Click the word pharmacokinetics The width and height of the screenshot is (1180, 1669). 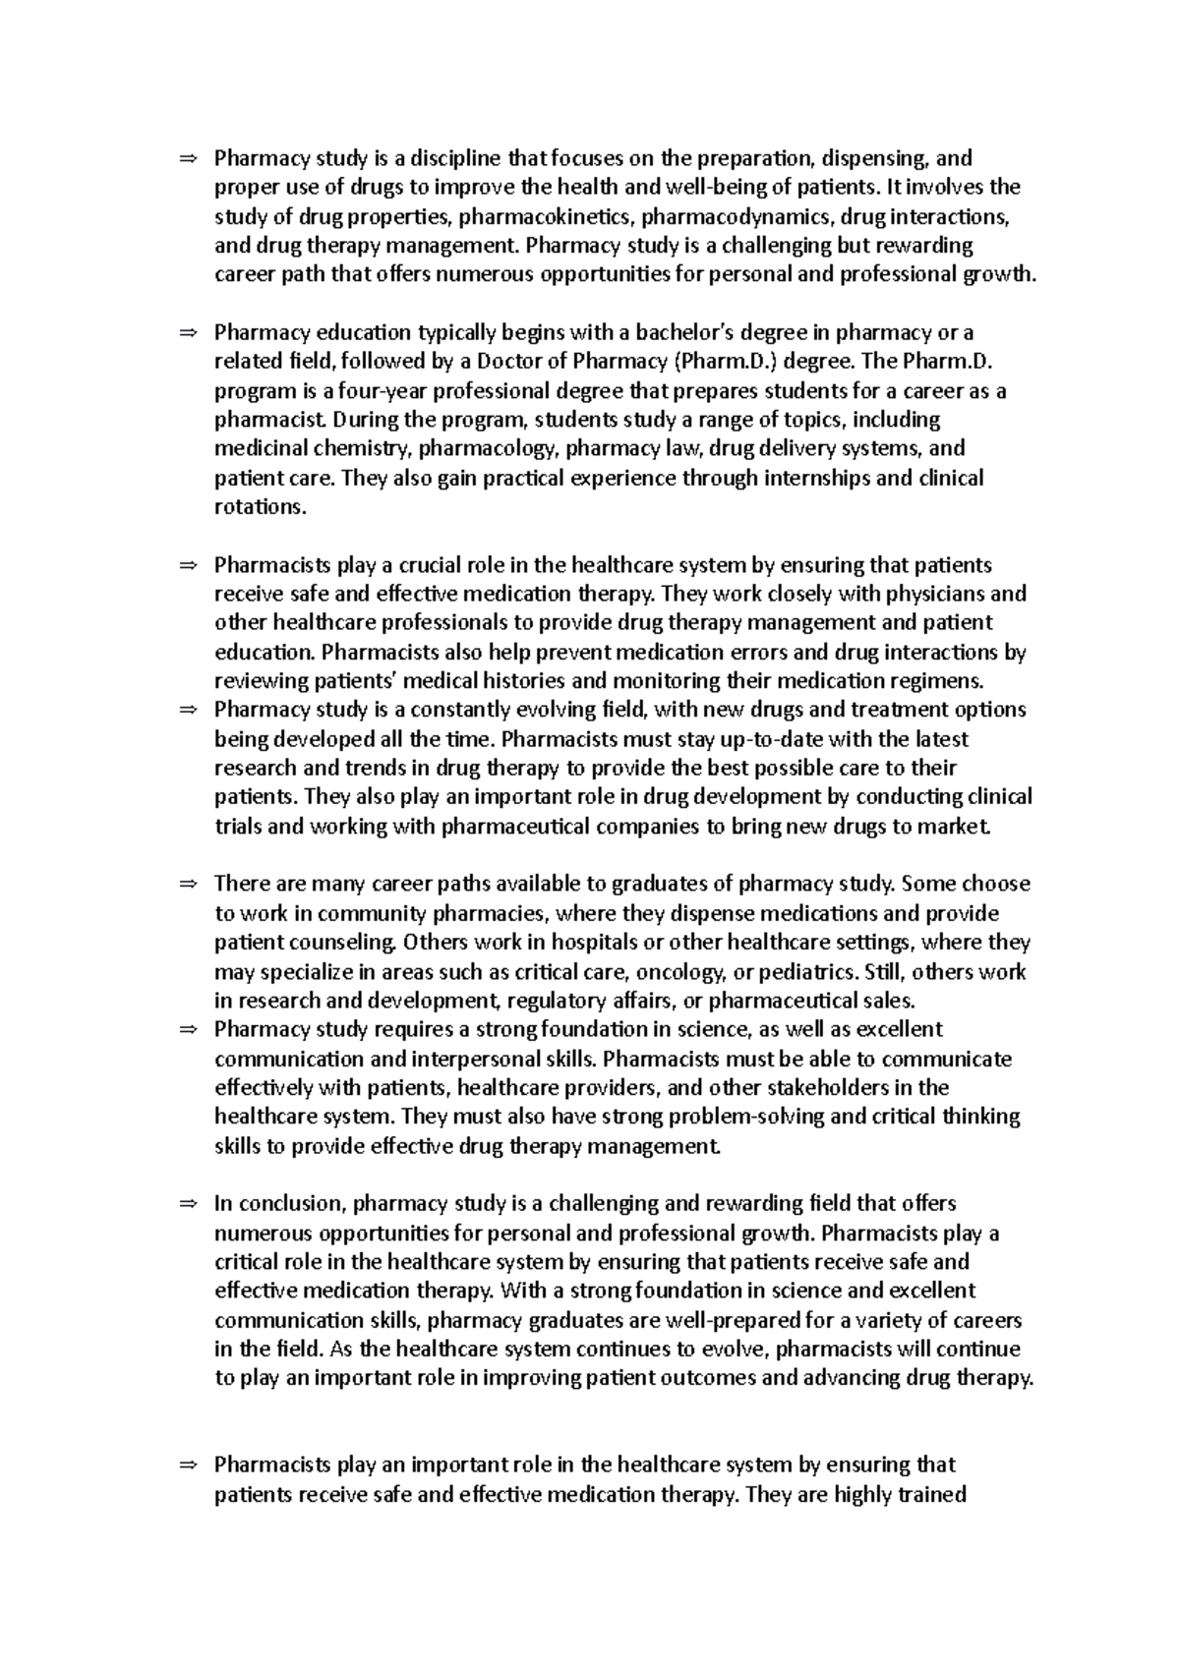pyautogui.click(x=526, y=216)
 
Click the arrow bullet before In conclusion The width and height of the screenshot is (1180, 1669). pyautogui.click(x=189, y=1204)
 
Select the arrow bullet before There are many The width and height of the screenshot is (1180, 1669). pyautogui.click(x=189, y=885)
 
